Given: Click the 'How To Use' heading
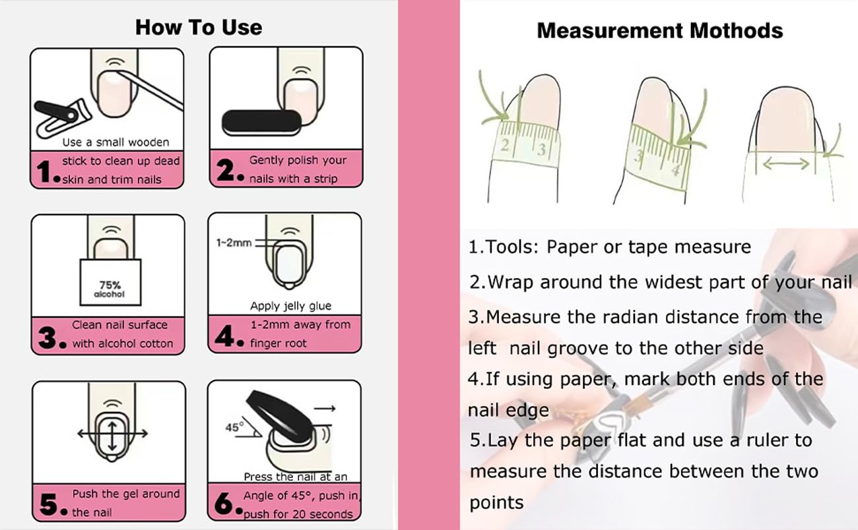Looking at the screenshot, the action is pos(199,28).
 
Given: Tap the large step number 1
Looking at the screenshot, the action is pos(45,171).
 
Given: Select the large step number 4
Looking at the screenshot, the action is pos(224,336).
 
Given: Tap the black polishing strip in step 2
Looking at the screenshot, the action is pos(261,122).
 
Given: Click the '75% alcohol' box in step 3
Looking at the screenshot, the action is pos(110,282).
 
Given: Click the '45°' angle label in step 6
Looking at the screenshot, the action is pos(234,427).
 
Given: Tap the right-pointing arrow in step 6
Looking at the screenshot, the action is pos(325,409).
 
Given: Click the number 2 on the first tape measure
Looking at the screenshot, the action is pos(505,145).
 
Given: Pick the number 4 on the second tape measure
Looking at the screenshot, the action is pos(675,170).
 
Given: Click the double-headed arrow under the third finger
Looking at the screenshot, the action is pos(786,164).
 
